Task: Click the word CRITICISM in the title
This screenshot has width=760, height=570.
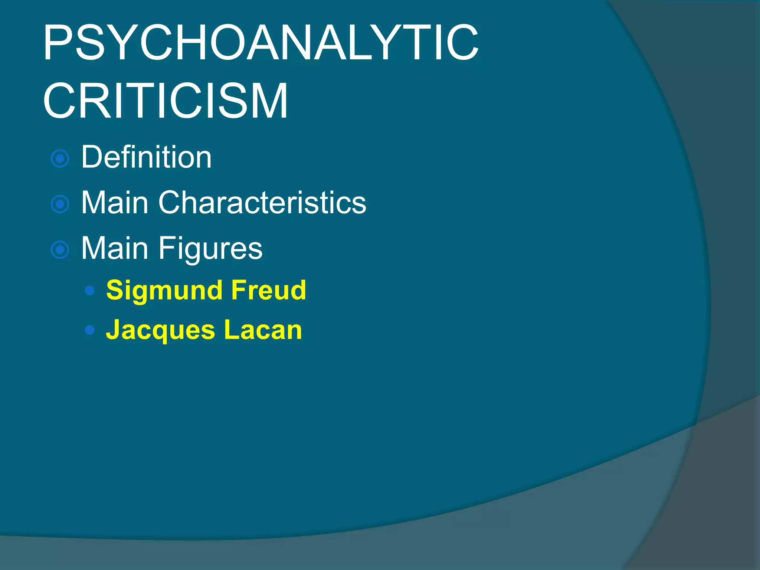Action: pos(166,101)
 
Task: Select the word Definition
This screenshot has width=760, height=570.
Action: pos(146,157)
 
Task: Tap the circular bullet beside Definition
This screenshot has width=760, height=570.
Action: pos(60,159)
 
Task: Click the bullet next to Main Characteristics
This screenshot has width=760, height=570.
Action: pos(60,204)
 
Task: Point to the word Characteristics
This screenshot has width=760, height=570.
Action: pos(262,203)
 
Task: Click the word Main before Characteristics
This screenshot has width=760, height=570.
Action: pos(115,203)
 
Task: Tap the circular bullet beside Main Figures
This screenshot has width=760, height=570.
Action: pos(60,250)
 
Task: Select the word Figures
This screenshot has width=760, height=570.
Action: pos(210,249)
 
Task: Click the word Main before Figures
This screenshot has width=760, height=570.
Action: pos(115,248)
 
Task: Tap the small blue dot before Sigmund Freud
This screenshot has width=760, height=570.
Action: pos(89,291)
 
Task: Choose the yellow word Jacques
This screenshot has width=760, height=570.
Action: pos(160,330)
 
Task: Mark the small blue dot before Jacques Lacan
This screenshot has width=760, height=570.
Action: pos(89,330)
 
